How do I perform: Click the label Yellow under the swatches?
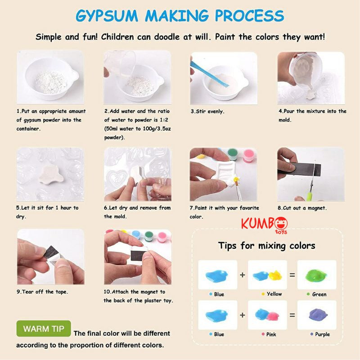(274, 294)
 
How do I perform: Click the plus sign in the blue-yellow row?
(243, 274)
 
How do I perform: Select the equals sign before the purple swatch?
(292, 315)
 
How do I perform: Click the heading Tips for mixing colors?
(267, 246)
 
